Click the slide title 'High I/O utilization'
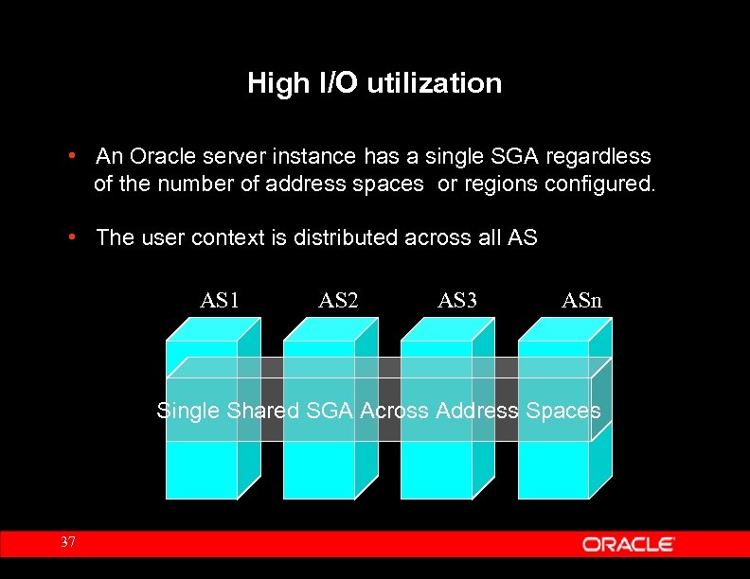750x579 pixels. [x=374, y=83]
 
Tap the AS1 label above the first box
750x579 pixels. [x=219, y=301]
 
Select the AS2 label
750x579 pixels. [x=338, y=301]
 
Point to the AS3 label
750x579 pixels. [x=457, y=301]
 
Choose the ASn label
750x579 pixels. [x=581, y=301]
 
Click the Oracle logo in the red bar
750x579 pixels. [x=628, y=544]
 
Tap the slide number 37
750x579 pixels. [x=67, y=542]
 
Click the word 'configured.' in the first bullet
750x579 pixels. [x=599, y=184]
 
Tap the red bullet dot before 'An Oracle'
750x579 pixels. [x=72, y=154]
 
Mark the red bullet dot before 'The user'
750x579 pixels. [x=72, y=237]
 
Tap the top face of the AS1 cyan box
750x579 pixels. [x=214, y=329]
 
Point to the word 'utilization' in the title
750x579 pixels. [x=434, y=83]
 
